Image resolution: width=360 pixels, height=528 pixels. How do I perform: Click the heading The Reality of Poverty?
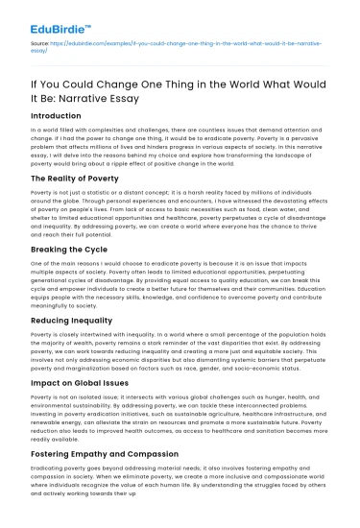click(83, 178)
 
